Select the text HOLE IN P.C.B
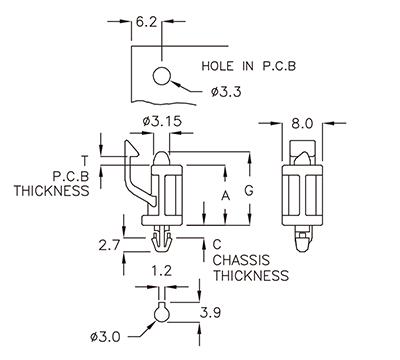coord(249,67)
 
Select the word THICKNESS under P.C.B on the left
coord(50,190)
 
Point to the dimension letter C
coord(216,243)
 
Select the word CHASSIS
coord(240,259)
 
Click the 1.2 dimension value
coord(159,270)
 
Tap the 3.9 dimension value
coord(207,313)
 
